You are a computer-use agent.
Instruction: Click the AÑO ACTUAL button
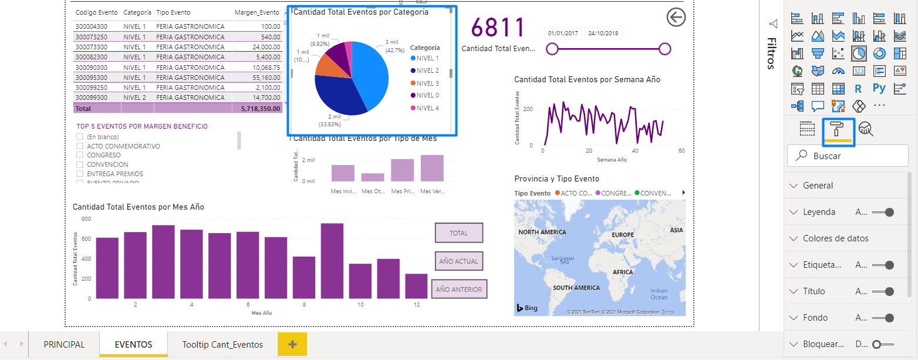[458, 261]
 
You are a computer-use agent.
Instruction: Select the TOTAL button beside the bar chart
[458, 233]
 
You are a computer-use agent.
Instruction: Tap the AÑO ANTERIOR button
[458, 289]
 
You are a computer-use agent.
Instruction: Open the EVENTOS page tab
[133, 345]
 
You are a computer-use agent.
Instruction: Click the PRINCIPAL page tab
[64, 345]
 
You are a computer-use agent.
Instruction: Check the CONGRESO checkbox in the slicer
[79, 156]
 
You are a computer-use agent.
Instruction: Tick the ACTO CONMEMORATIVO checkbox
[79, 146]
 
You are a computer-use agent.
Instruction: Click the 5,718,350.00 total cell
[256, 109]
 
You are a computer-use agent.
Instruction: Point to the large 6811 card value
[498, 28]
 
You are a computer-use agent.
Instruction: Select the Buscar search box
[848, 156]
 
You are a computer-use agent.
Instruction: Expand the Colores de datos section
[836, 238]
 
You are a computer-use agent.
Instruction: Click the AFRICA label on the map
[623, 272]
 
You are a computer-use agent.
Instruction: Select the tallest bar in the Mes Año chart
[332, 260]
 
